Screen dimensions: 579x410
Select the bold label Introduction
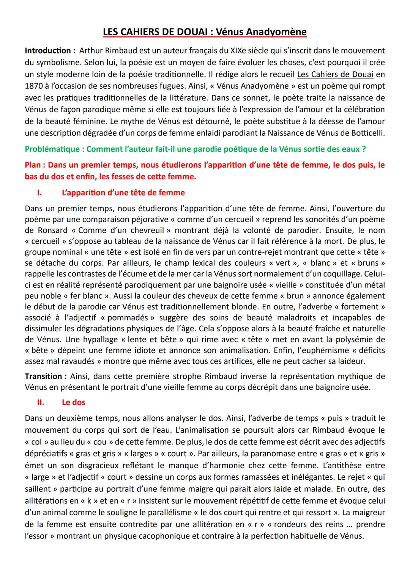[47, 50]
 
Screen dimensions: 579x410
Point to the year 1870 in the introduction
[34, 86]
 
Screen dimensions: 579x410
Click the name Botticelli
[366, 133]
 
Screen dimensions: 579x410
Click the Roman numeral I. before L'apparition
[39, 193]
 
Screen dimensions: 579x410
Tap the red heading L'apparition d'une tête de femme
[123, 193]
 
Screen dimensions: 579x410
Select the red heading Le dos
[73, 402]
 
